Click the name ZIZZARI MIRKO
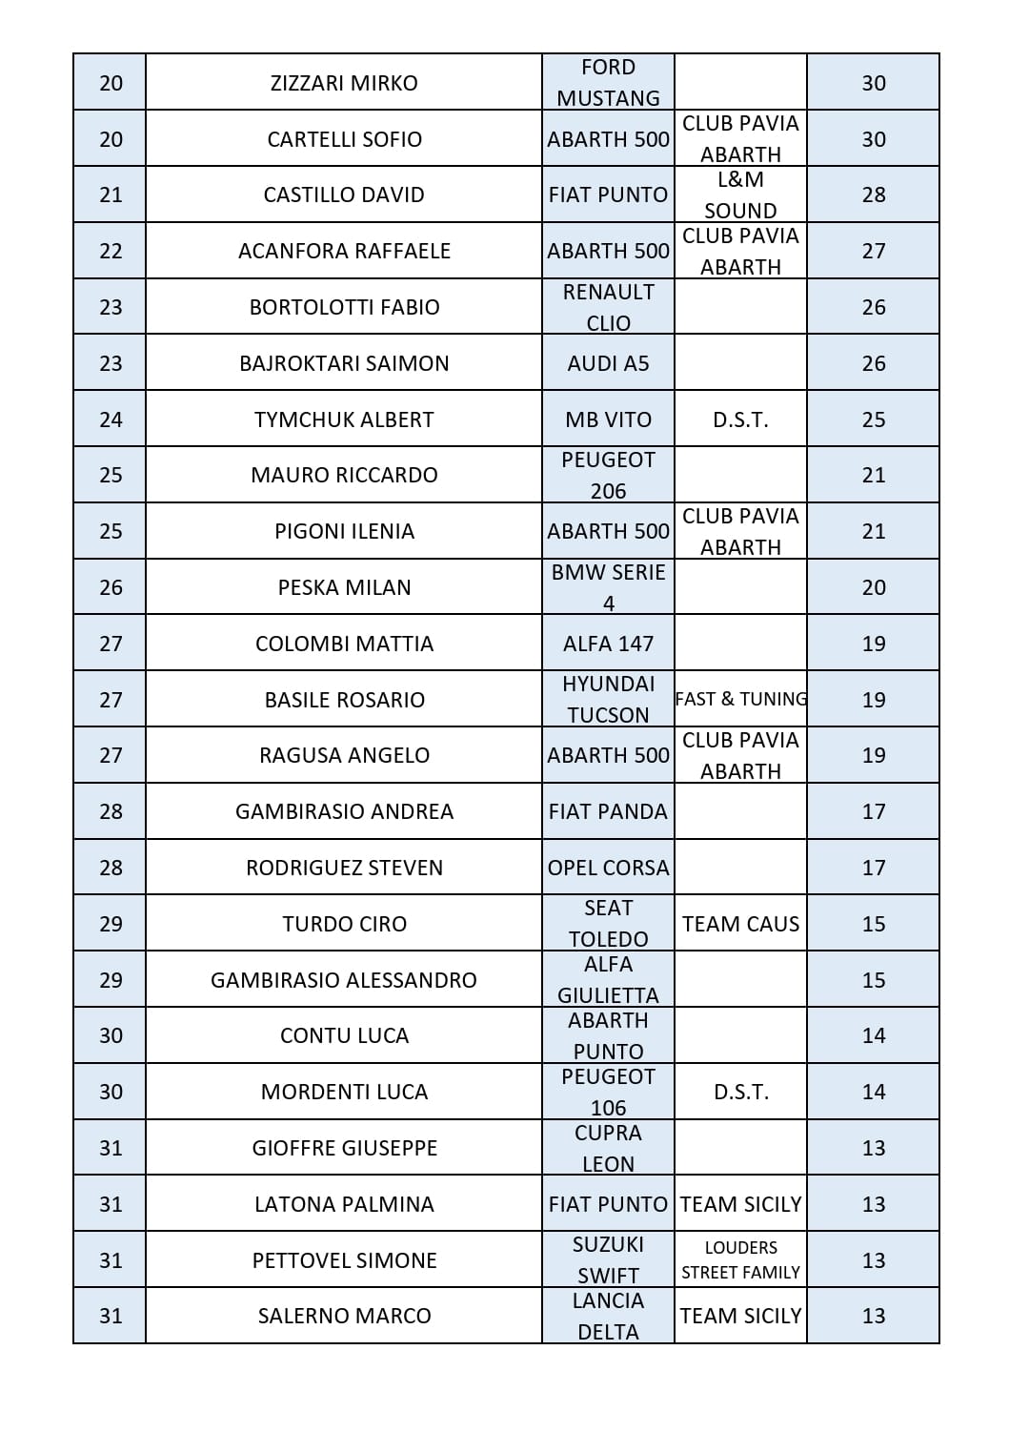click(x=344, y=83)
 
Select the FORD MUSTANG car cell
click(x=608, y=83)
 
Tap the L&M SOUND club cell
click(x=740, y=194)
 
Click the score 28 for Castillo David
click(x=873, y=194)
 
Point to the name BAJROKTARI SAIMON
click(x=344, y=363)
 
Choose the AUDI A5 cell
click(x=608, y=363)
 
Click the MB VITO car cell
click(x=608, y=419)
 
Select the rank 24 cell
click(x=111, y=419)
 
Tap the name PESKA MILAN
click(x=344, y=587)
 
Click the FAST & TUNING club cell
click(x=740, y=699)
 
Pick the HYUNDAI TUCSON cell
click(x=608, y=699)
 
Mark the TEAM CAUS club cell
click(x=740, y=924)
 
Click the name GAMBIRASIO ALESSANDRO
click(x=344, y=980)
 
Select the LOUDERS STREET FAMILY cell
click(x=740, y=1259)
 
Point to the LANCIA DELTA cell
click(x=608, y=1316)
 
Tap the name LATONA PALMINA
click(x=344, y=1204)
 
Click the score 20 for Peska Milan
click(x=873, y=587)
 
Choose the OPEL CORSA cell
click(x=608, y=868)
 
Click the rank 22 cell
click(x=111, y=251)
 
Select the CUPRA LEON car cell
click(x=608, y=1148)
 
